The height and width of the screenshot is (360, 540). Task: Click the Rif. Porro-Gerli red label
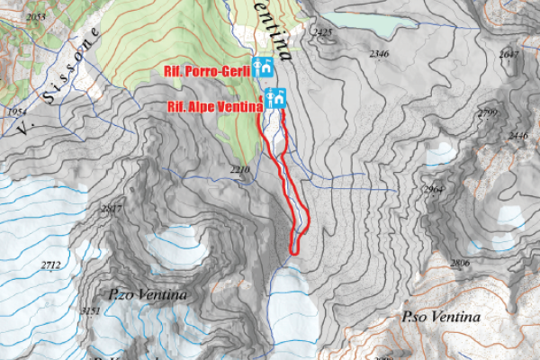click(205, 70)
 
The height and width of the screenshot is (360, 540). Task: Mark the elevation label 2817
click(112, 209)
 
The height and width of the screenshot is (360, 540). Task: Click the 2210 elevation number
click(239, 169)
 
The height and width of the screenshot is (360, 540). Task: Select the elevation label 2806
click(460, 263)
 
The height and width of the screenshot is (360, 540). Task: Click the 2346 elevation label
click(379, 54)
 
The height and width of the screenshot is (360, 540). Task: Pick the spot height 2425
click(321, 32)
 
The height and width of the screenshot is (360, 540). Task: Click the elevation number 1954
click(17, 111)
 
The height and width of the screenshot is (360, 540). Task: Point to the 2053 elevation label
click(37, 17)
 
